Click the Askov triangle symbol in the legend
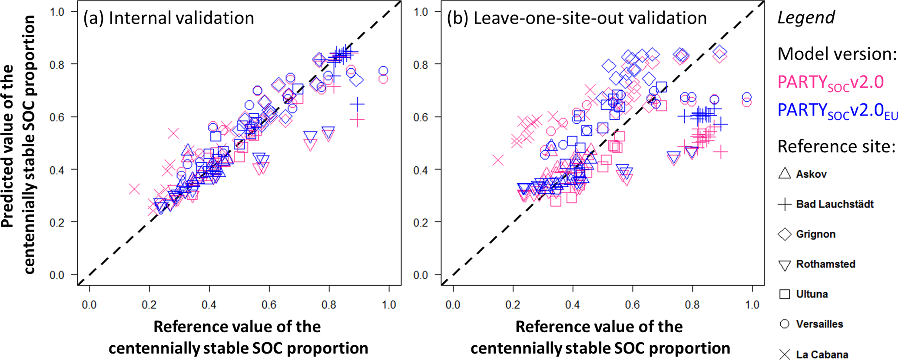point(785,174)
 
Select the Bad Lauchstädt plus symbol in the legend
point(785,204)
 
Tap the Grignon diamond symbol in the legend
point(785,234)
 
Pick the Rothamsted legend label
point(825,264)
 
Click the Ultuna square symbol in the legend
point(785,294)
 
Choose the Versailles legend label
point(819,324)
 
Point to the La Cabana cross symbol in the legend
point(785,354)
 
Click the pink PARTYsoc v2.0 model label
point(830,83)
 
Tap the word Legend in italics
point(806,18)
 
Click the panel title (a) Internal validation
point(169,18)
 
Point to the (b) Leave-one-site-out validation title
point(577,18)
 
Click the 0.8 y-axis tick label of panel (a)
point(57,65)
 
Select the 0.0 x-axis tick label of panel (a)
point(89,305)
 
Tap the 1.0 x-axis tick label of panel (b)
point(752,305)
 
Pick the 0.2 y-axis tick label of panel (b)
point(421,222)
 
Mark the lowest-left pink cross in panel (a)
point(134,189)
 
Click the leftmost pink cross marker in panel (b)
point(498,160)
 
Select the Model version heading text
point(837,54)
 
